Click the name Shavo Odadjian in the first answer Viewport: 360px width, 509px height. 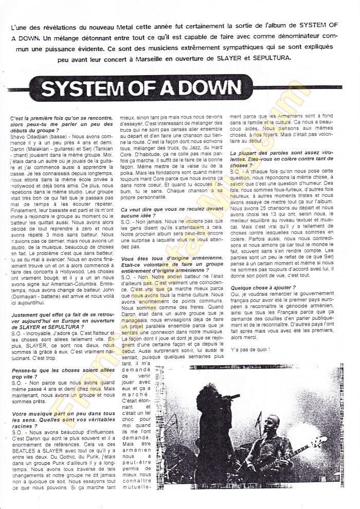click(x=31, y=136)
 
